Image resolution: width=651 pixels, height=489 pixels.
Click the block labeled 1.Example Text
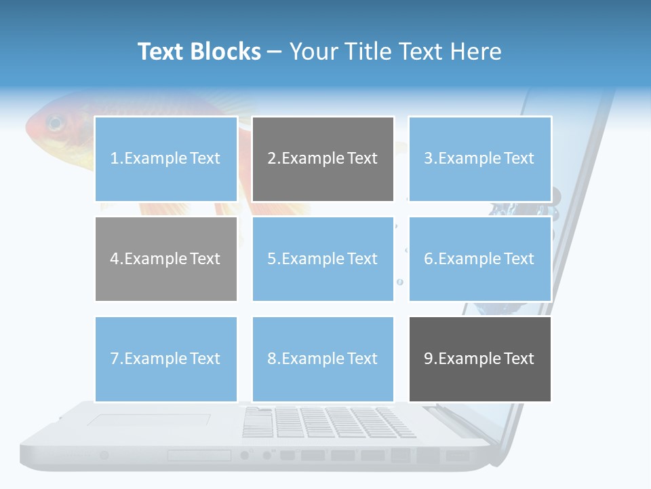[x=166, y=159]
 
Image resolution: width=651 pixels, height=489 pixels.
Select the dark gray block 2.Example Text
[x=323, y=159]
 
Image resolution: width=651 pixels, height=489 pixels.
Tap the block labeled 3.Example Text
[x=479, y=159]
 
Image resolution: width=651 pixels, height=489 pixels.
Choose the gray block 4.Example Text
[x=166, y=259]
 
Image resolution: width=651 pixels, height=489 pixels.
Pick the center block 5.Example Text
[x=323, y=259]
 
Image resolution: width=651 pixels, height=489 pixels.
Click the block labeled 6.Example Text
[x=479, y=259]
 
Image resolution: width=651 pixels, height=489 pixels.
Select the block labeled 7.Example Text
[x=166, y=359]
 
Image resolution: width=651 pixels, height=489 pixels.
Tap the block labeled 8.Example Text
[x=323, y=359]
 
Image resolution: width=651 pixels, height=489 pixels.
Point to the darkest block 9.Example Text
[x=479, y=359]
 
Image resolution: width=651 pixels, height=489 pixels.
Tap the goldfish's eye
[x=55, y=124]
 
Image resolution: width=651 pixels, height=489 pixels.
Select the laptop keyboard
[x=328, y=422]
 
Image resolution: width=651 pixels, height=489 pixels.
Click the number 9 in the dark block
[x=429, y=359]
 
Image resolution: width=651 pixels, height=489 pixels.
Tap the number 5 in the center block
[x=271, y=259]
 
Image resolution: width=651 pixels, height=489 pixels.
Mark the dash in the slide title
[x=275, y=52]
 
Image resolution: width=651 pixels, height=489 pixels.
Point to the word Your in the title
[x=313, y=52]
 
